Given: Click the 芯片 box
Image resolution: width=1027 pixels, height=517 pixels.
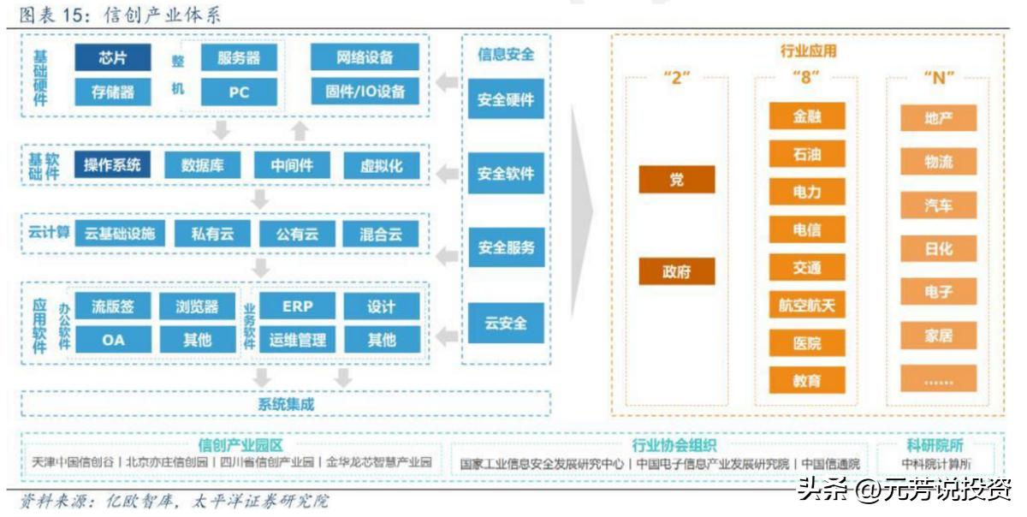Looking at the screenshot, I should tap(112, 57).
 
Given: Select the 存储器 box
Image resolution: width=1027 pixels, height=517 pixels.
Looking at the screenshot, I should tap(112, 92).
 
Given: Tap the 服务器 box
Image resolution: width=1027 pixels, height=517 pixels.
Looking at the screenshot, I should tap(239, 57).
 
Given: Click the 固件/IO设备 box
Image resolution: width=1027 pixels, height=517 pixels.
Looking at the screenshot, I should tap(365, 92).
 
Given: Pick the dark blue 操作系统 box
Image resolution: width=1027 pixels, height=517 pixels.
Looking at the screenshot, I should tap(112, 165).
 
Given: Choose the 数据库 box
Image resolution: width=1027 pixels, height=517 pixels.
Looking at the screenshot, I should tap(203, 165).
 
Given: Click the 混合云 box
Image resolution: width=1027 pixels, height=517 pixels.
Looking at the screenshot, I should tap(382, 234).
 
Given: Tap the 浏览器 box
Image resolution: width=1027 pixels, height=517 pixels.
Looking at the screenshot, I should tap(197, 306).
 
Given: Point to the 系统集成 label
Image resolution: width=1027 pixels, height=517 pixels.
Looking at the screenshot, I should tap(286, 404).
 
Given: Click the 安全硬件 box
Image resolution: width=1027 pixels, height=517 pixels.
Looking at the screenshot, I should tap(506, 99).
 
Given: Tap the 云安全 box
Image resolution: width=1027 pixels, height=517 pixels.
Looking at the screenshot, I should tap(506, 324).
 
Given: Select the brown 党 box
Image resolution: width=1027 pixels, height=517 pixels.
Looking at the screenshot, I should tap(677, 180).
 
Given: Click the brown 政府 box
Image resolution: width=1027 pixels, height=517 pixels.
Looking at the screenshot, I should tap(677, 272).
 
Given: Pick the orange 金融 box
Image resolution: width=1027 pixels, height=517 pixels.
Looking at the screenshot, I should tap(807, 116).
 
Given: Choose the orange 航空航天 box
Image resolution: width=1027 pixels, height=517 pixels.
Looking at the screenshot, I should tap(807, 305).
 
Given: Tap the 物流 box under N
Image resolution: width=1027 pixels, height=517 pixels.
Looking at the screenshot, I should tap(938, 162).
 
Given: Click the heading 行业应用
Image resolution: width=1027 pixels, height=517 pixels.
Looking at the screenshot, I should tap(808, 51).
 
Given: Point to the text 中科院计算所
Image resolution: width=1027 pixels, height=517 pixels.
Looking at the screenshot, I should tap(935, 463).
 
